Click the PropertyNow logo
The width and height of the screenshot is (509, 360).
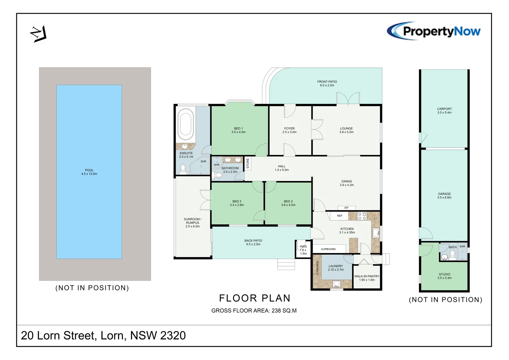tap(434, 31)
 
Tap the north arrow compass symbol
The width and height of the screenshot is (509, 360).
tap(38, 34)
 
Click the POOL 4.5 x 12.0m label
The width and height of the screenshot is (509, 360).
tap(89, 172)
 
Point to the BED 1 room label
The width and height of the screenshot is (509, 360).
tap(238, 130)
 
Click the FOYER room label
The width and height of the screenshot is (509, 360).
tap(289, 130)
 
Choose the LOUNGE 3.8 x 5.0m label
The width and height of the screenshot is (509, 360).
tap(346, 130)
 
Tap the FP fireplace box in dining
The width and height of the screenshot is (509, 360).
tap(346, 208)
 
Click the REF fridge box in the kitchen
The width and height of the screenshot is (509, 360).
tap(339, 216)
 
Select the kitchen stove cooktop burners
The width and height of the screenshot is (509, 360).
tap(362, 216)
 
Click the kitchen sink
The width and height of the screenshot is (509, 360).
tap(375, 233)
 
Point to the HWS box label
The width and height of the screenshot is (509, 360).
tap(303, 250)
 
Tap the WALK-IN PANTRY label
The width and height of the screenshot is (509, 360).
tap(367, 278)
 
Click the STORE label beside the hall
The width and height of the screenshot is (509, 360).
tap(248, 163)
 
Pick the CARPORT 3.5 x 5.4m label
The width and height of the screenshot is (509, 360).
tap(444, 111)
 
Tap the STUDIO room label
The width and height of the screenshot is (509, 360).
tap(444, 276)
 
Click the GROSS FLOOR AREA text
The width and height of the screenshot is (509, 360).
tap(254, 311)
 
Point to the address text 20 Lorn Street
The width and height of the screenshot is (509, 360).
tap(103, 336)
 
